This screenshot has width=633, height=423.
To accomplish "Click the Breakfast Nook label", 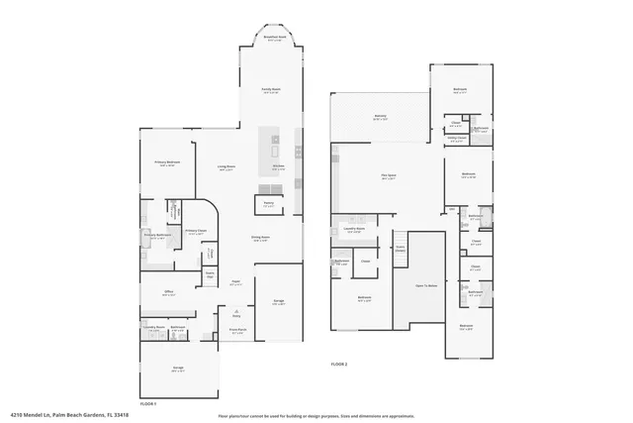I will click(275, 38).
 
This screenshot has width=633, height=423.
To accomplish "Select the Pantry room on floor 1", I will click(268, 204).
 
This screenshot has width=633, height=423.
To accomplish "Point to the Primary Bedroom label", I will click(166, 163).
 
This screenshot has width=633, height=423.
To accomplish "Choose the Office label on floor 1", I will click(169, 292).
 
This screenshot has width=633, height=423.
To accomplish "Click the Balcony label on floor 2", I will click(381, 118).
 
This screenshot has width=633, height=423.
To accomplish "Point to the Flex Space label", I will click(389, 177).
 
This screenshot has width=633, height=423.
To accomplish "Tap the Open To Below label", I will click(425, 285).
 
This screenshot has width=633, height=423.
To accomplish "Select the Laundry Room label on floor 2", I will click(354, 230).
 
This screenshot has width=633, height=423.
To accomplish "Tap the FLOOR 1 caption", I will click(148, 404).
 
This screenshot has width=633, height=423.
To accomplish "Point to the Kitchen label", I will click(279, 167).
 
